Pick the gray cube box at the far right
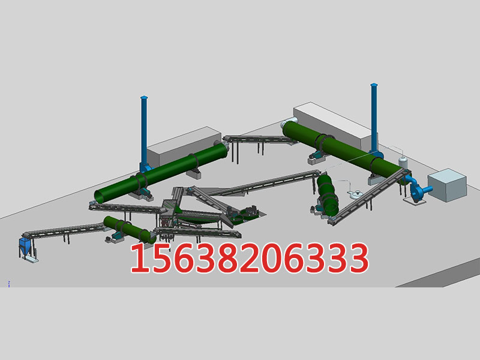447,185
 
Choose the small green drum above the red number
130,229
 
